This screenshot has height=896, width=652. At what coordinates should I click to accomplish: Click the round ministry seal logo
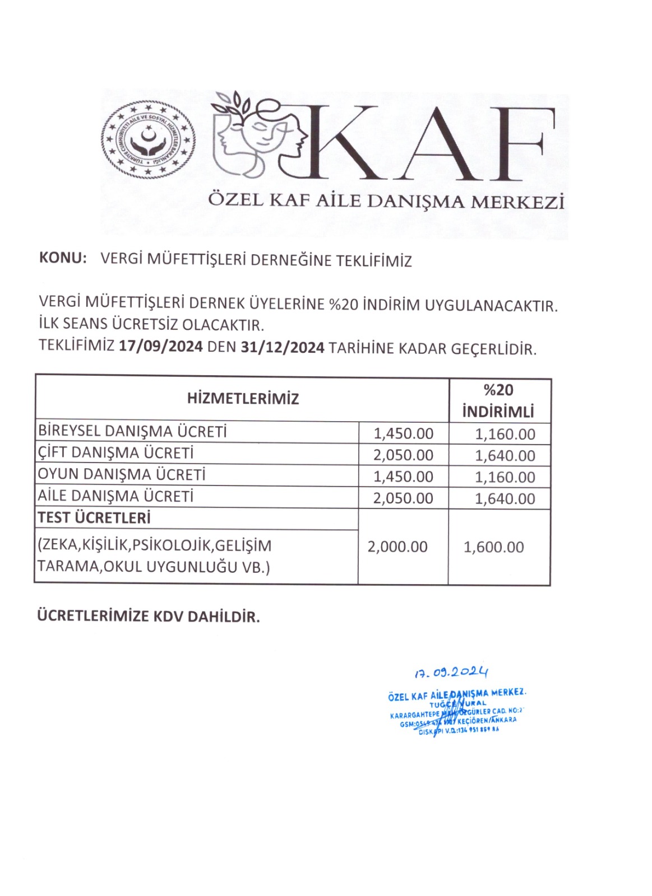[x=149, y=140]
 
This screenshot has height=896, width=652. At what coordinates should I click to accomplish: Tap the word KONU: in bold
[x=63, y=259]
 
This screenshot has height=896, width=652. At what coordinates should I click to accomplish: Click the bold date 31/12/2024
[x=283, y=348]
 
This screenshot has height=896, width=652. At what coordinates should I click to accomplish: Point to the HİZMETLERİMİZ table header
[x=243, y=399]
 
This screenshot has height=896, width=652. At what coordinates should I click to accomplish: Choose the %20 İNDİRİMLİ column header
[x=498, y=401]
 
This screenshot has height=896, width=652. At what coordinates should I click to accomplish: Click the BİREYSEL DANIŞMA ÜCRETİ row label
[x=132, y=431]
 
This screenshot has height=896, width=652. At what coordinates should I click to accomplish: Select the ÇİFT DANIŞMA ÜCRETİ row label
[x=115, y=452]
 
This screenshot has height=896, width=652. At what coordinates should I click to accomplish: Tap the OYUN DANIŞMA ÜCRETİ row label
[x=122, y=474]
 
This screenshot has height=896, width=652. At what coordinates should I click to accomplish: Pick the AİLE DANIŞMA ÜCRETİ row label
[x=115, y=496]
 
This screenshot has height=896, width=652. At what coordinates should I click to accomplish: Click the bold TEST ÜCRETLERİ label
[x=94, y=518]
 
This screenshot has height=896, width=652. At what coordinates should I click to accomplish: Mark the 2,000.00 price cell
[x=397, y=547]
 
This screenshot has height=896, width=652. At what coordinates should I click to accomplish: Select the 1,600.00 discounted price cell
[x=494, y=547]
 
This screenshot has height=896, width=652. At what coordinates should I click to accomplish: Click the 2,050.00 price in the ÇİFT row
[x=404, y=455]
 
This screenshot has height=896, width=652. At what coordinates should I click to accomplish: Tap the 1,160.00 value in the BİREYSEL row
[x=505, y=434]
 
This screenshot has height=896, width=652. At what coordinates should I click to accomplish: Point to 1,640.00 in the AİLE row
[x=505, y=498]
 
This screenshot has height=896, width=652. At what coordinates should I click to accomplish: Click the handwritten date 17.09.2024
[x=451, y=672]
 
